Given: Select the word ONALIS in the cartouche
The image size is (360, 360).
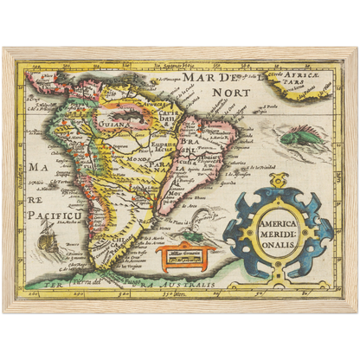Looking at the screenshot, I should [x=276, y=243].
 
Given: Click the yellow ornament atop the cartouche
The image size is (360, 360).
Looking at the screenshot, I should [x=277, y=183].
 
